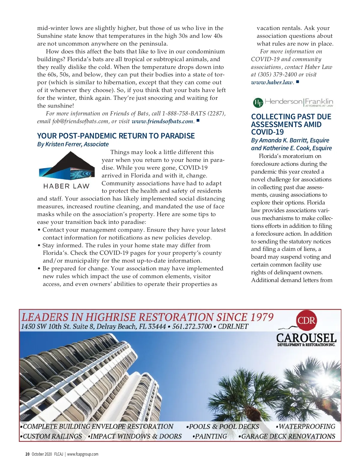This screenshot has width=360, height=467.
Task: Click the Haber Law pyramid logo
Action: point(67,166)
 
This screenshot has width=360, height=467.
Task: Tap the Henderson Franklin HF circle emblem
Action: point(258,103)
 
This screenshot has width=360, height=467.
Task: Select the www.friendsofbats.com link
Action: point(162,121)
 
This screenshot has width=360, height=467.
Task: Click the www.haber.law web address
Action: point(272,82)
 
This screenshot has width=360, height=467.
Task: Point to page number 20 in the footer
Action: point(27,454)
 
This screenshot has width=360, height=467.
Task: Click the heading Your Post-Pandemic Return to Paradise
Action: point(116,136)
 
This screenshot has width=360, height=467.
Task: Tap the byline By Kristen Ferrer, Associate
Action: point(73,144)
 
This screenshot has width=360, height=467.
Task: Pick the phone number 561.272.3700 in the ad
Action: point(192,326)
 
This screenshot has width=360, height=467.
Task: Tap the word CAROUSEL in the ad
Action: point(306,338)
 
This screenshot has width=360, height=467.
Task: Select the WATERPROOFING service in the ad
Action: point(307,426)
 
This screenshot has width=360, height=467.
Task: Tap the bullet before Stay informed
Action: point(39,245)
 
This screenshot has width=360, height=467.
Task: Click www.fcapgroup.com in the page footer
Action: point(82,454)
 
